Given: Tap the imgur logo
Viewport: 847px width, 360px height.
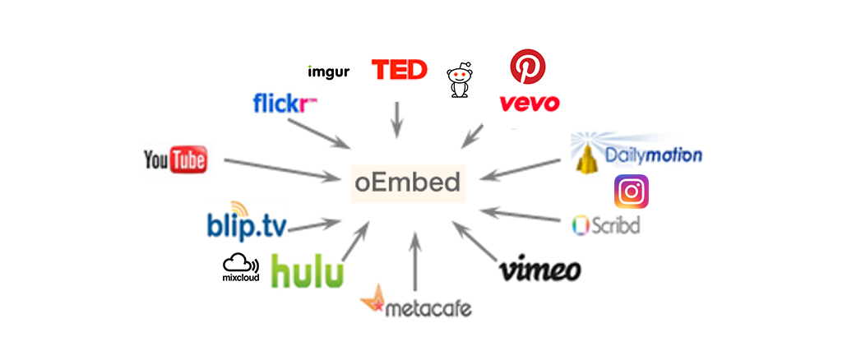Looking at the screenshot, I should [328, 72].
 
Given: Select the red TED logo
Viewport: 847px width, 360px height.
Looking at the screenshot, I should [399, 70].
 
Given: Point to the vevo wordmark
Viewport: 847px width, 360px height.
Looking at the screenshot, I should [530, 104].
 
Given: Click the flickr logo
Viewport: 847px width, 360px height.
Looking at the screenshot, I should [285, 104].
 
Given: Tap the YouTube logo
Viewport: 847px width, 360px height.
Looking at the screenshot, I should [174, 159].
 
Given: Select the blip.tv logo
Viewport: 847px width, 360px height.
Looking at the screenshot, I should [247, 224].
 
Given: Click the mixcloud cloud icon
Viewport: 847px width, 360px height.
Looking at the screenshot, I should [239, 264].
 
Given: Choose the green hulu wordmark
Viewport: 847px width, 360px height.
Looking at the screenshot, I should [307, 271].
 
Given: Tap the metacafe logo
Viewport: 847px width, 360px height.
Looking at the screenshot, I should [417, 307].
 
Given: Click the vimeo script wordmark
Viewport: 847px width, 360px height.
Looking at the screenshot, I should [540, 270].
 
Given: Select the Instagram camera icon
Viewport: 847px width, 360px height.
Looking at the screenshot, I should [632, 192].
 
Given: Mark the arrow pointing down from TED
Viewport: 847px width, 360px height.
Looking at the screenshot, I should [398, 119].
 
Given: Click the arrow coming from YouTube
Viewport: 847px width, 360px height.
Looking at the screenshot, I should [276, 168].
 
